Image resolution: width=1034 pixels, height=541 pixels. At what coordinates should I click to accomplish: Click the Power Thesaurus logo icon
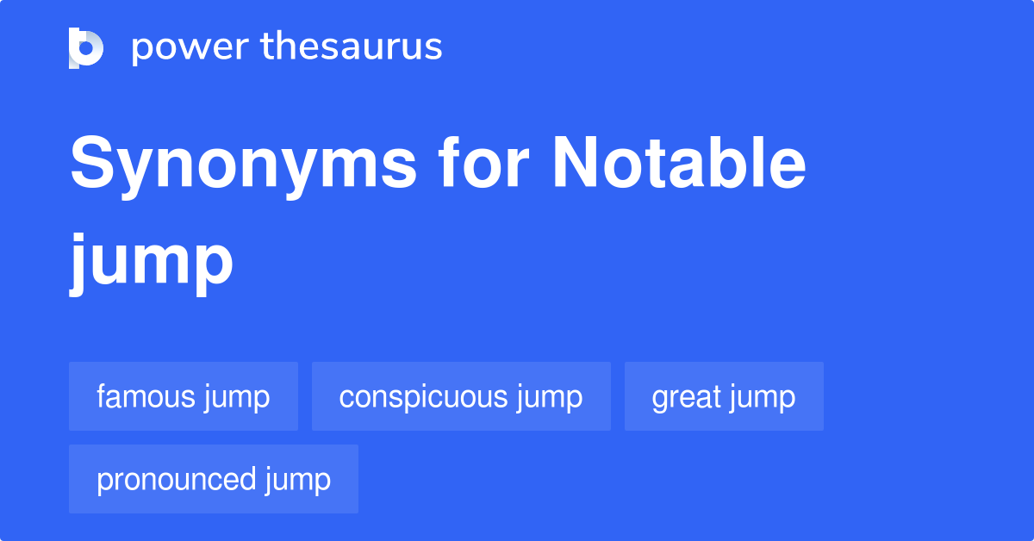(86, 48)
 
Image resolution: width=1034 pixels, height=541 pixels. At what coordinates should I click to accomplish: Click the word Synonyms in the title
(244, 165)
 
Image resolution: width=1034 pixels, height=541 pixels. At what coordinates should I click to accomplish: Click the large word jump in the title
(152, 264)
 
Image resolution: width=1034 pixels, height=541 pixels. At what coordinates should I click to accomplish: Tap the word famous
(145, 397)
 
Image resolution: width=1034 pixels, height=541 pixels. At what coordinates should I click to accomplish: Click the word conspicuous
(423, 397)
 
